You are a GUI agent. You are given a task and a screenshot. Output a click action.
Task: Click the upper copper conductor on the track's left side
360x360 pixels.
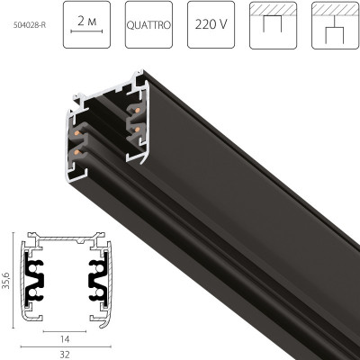pos(77,131)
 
